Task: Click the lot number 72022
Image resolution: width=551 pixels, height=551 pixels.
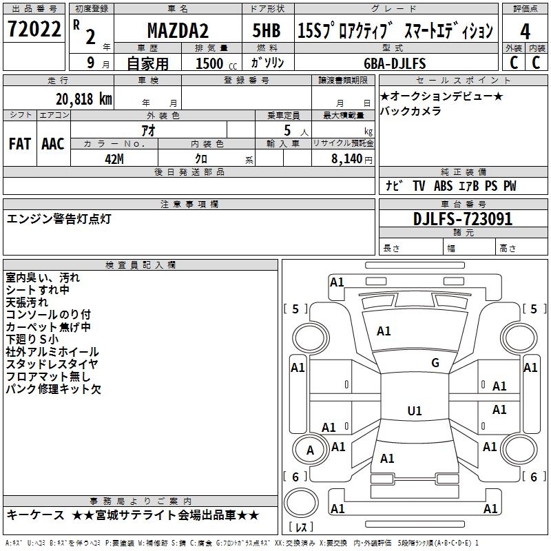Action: [x=34, y=30]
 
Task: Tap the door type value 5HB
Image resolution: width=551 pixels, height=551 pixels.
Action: [x=267, y=31]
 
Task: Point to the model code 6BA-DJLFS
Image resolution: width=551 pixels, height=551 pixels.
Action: [x=395, y=63]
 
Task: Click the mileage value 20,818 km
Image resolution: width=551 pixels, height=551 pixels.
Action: [x=79, y=99]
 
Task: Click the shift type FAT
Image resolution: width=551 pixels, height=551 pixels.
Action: [x=20, y=143]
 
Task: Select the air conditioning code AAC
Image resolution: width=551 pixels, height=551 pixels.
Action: [x=53, y=143]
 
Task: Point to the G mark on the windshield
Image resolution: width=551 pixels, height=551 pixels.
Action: [x=435, y=363]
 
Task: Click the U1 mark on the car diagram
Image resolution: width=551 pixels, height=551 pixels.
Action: [x=415, y=411]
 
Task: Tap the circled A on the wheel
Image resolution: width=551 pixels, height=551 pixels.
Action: [x=310, y=450]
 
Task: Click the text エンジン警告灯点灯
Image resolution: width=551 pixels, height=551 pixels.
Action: [x=59, y=219]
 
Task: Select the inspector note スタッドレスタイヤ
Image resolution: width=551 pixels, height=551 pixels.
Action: [x=52, y=364]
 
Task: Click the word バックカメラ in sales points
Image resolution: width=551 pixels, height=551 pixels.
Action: [x=411, y=111]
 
